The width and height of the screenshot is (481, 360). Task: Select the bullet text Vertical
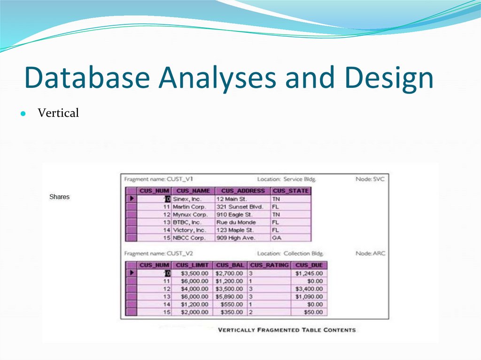pyautogui.click(x=58, y=113)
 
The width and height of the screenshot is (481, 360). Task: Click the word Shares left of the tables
pyautogui.click(x=59, y=197)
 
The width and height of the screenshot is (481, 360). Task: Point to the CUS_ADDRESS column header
pyautogui.click(x=243, y=191)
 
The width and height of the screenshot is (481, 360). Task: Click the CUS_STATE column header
pyautogui.click(x=290, y=191)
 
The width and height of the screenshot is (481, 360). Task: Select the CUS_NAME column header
pyautogui.click(x=193, y=191)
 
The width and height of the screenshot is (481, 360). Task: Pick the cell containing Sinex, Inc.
pyautogui.click(x=186, y=199)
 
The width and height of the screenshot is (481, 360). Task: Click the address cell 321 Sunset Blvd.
pyautogui.click(x=239, y=207)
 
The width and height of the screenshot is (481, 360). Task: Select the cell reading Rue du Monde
pyautogui.click(x=236, y=222)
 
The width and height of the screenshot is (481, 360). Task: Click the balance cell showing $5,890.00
pyautogui.click(x=229, y=297)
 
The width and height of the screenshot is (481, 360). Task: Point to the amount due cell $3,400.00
pyautogui.click(x=309, y=289)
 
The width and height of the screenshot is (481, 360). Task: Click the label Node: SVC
pyautogui.click(x=370, y=179)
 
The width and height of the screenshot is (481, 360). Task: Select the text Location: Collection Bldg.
pyautogui.click(x=290, y=253)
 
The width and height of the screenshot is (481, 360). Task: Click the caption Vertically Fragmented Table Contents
pyautogui.click(x=287, y=330)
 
